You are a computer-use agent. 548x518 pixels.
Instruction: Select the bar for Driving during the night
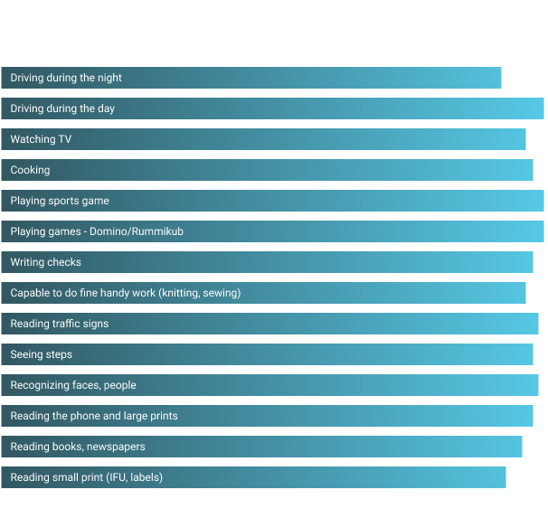pos(251,78)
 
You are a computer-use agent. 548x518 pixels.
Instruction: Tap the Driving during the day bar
pos(272,108)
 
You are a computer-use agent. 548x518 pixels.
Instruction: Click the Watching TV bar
pos(263,139)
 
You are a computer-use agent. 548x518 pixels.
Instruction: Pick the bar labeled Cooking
pos(267,170)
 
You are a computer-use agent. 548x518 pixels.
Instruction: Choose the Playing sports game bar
pos(272,201)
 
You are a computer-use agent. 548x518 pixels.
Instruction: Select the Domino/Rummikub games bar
pos(272,231)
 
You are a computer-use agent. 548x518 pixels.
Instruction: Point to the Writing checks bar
pos(267,262)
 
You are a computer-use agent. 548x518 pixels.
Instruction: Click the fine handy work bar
pos(263,293)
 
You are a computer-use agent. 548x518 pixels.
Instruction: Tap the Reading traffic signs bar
pos(269,324)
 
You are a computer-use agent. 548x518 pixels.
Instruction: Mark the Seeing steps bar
pos(267,354)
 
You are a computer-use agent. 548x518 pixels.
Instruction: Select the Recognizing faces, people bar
pos(269,385)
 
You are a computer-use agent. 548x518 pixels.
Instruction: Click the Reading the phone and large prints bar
pos(267,416)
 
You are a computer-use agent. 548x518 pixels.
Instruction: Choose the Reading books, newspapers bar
pos(261,447)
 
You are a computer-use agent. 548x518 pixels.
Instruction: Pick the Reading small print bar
pos(253,477)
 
